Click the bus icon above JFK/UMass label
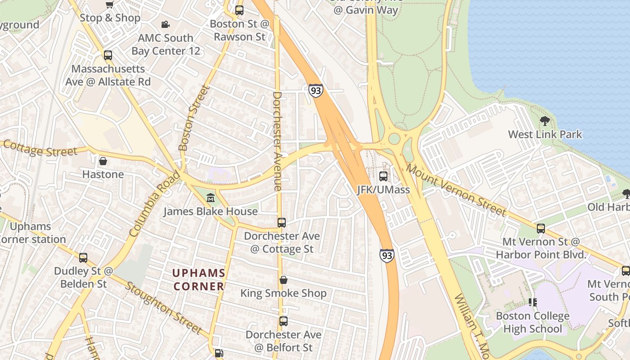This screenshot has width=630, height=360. (383, 176)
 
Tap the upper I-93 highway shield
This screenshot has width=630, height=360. (315, 90)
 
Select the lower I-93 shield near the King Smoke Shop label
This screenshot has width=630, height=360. (387, 256)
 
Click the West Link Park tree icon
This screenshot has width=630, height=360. (544, 121)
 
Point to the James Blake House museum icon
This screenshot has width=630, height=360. (210, 198)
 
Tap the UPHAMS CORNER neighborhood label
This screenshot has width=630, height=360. (199, 279)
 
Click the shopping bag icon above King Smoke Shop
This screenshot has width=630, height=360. (283, 280)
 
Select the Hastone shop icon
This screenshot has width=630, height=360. (103, 161)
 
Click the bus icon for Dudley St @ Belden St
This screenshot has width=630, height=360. (83, 258)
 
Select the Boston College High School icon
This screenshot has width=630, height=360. (532, 302)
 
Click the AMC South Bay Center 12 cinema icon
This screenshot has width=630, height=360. (166, 24)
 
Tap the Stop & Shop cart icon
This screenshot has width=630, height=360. (109, 4)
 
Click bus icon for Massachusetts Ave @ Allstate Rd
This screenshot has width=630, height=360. (108, 55)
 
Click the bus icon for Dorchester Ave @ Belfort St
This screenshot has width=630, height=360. (283, 321)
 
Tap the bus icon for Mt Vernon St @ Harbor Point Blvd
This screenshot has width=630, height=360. (541, 228)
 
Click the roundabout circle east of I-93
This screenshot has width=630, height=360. (395, 139)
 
